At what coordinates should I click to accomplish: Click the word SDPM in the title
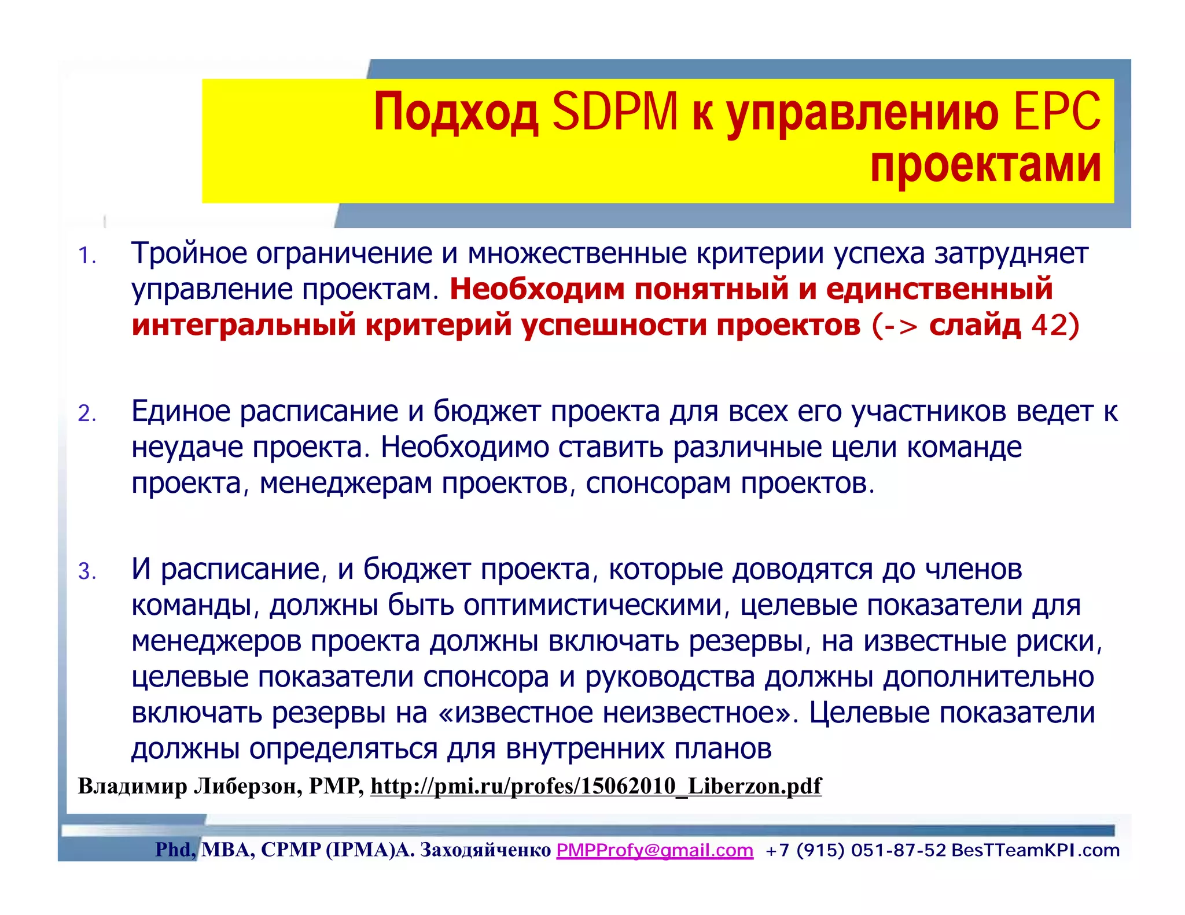tap(614, 112)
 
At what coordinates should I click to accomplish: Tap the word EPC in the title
tap(1057, 112)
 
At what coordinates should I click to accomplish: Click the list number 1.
tap(87, 256)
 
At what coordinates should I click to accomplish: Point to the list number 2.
tap(87, 414)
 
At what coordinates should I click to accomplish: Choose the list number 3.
tap(87, 571)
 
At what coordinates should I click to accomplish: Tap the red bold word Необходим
tap(537, 289)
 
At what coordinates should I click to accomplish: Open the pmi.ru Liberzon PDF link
tap(596, 785)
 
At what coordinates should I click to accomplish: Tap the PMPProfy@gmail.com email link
tap(654, 850)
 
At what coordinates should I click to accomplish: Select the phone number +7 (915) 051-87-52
tap(855, 850)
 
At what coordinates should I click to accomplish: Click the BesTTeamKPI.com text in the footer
tap(1035, 850)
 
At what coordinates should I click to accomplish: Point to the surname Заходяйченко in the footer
tap(485, 850)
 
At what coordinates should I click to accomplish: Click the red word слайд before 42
tap(975, 325)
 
